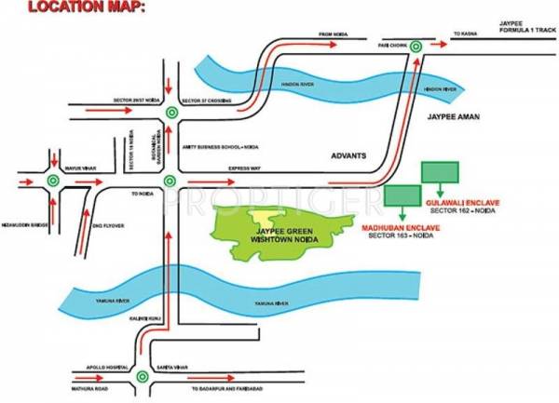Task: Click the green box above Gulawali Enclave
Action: pos(440,171)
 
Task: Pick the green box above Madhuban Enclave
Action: pos(402,195)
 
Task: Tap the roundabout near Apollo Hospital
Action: pos(142,377)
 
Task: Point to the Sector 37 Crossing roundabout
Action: pos(170,113)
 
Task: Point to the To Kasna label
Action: pos(464,34)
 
